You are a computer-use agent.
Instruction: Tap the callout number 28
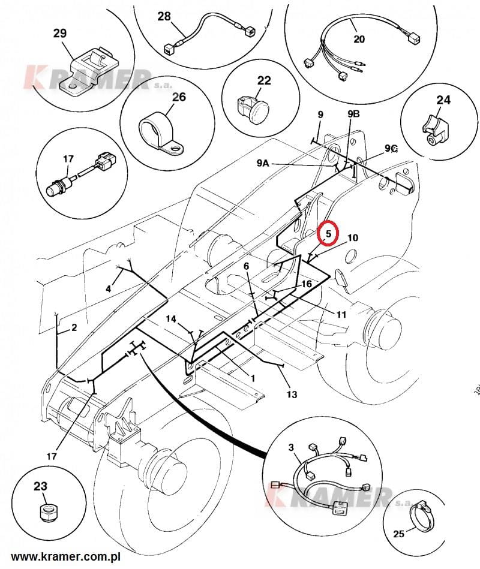pyautogui.click(x=164, y=16)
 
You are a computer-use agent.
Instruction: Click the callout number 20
pyautogui.click(x=359, y=40)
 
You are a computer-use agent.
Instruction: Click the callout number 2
pyautogui.click(x=74, y=327)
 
